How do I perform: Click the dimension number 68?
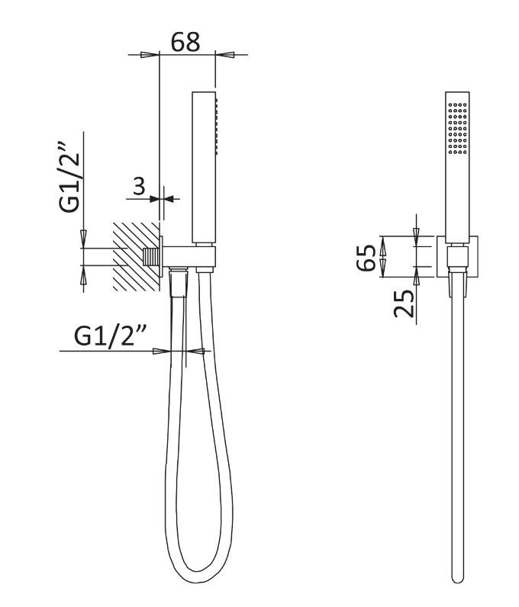point(185,42)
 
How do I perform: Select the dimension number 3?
point(139,186)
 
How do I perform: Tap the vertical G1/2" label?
point(69,178)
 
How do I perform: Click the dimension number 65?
point(366,258)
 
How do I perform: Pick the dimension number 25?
point(404,303)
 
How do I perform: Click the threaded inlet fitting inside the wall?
point(151,257)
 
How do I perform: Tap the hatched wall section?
point(136,256)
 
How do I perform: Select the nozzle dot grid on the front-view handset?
point(457,127)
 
